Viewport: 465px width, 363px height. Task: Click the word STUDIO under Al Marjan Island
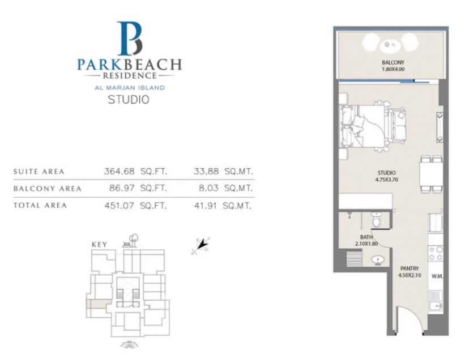pyautogui.click(x=129, y=100)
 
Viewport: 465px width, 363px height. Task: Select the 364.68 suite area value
pyautogui.click(x=119, y=172)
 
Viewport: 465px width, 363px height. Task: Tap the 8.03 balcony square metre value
pyautogui.click(x=208, y=188)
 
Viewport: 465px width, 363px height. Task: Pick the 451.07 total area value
pyautogui.click(x=119, y=205)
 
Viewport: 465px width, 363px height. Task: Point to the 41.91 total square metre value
pyautogui.click(x=206, y=205)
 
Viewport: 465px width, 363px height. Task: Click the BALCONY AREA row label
pyautogui.click(x=48, y=189)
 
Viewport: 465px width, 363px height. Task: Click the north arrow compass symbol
pyautogui.click(x=200, y=246)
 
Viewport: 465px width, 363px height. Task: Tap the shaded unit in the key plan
pyautogui.click(x=99, y=304)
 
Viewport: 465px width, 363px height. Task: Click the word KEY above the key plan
pyautogui.click(x=99, y=245)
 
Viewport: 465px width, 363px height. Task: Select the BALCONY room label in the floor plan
pyautogui.click(x=393, y=62)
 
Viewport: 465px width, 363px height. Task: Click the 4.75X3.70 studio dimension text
pyautogui.click(x=386, y=180)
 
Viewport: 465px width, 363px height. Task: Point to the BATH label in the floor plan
pyautogui.click(x=366, y=237)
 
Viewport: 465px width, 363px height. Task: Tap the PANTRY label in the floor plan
pyautogui.click(x=409, y=268)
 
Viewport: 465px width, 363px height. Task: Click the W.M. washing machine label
pyautogui.click(x=437, y=276)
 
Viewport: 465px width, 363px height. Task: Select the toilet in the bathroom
pyautogui.click(x=376, y=220)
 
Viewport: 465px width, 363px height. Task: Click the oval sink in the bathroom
pyautogui.click(x=378, y=260)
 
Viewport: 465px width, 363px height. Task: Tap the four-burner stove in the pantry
pyautogui.click(x=435, y=254)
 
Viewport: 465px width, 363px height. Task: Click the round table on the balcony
pyautogui.click(x=390, y=45)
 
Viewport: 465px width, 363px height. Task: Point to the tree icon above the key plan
pyautogui.click(x=134, y=239)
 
